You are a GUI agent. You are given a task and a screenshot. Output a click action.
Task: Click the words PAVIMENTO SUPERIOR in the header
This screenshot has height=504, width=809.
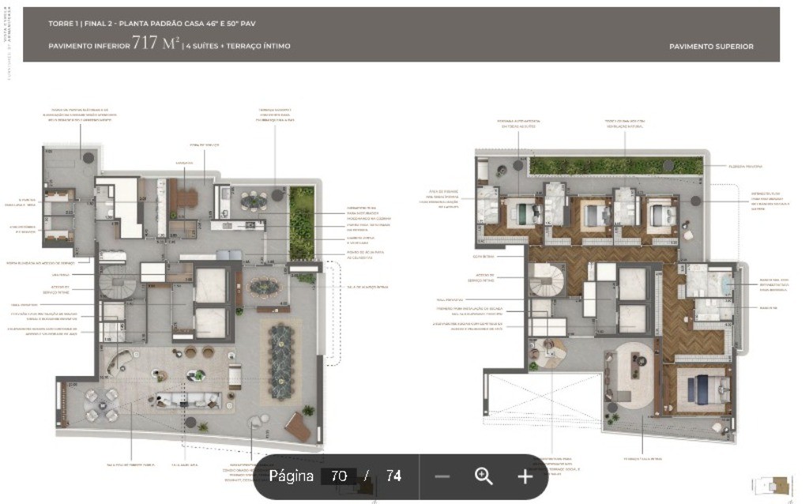click(710, 47)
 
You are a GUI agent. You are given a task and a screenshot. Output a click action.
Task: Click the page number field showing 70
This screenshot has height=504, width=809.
click(339, 476)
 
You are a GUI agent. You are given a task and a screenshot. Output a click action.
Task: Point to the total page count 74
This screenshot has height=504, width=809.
click(393, 476)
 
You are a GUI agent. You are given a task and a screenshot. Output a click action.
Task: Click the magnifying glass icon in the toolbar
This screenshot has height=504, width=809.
click(484, 476)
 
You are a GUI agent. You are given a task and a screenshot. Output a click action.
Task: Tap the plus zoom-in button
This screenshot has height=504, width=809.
click(525, 476)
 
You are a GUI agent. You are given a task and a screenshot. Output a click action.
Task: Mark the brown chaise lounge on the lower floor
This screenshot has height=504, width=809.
click(298, 427)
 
